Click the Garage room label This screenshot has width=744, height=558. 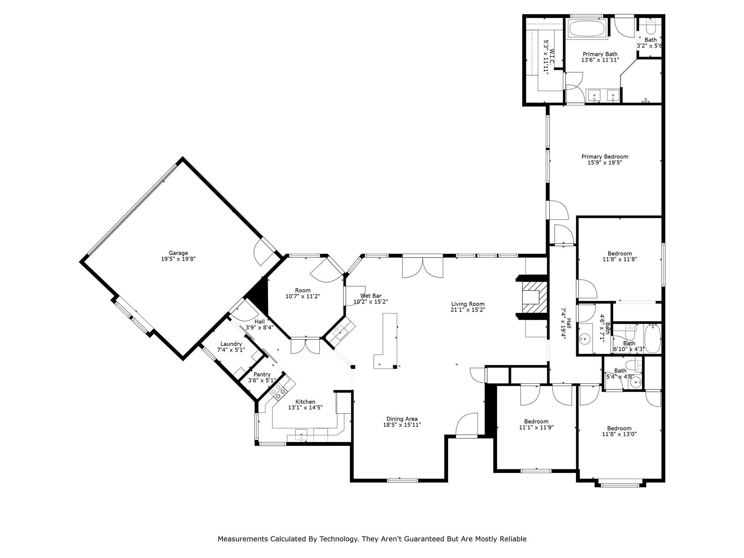[178, 253]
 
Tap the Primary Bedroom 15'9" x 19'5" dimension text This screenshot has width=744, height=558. [604, 163]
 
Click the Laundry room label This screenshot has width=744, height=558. [231, 344]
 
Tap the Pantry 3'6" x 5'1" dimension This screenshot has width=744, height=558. [262, 380]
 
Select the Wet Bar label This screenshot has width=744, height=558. [371, 296]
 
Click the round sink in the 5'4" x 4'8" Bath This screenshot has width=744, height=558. [635, 382]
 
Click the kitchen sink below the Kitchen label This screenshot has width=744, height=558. [301, 435]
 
